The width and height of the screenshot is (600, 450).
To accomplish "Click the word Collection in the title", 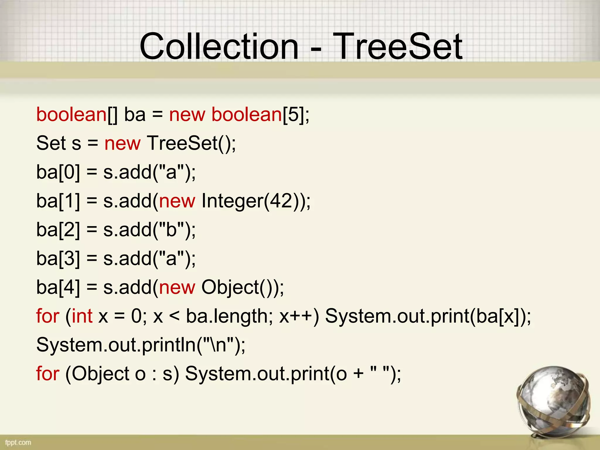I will coord(219,46).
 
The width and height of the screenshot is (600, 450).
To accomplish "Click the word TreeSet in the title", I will coord(398,46).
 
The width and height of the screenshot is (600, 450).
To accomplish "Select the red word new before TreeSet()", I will coord(122,143).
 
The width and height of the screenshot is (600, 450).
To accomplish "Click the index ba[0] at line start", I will coord(58,172).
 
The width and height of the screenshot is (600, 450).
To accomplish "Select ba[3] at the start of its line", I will coord(58,258).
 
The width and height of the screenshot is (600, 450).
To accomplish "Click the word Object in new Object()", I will coord(230,287).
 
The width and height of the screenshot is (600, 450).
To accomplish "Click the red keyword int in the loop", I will coord(82,316).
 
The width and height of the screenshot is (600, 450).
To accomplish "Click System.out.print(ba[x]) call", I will coord(428,316).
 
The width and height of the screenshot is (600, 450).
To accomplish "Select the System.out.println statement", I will coord(141,345).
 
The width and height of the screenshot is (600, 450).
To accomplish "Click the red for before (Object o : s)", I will coord(48,374).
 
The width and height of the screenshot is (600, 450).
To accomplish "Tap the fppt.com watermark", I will coord(18,442).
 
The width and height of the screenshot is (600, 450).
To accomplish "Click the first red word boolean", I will coord(71,114).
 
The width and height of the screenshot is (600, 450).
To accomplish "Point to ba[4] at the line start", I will coord(58,287).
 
